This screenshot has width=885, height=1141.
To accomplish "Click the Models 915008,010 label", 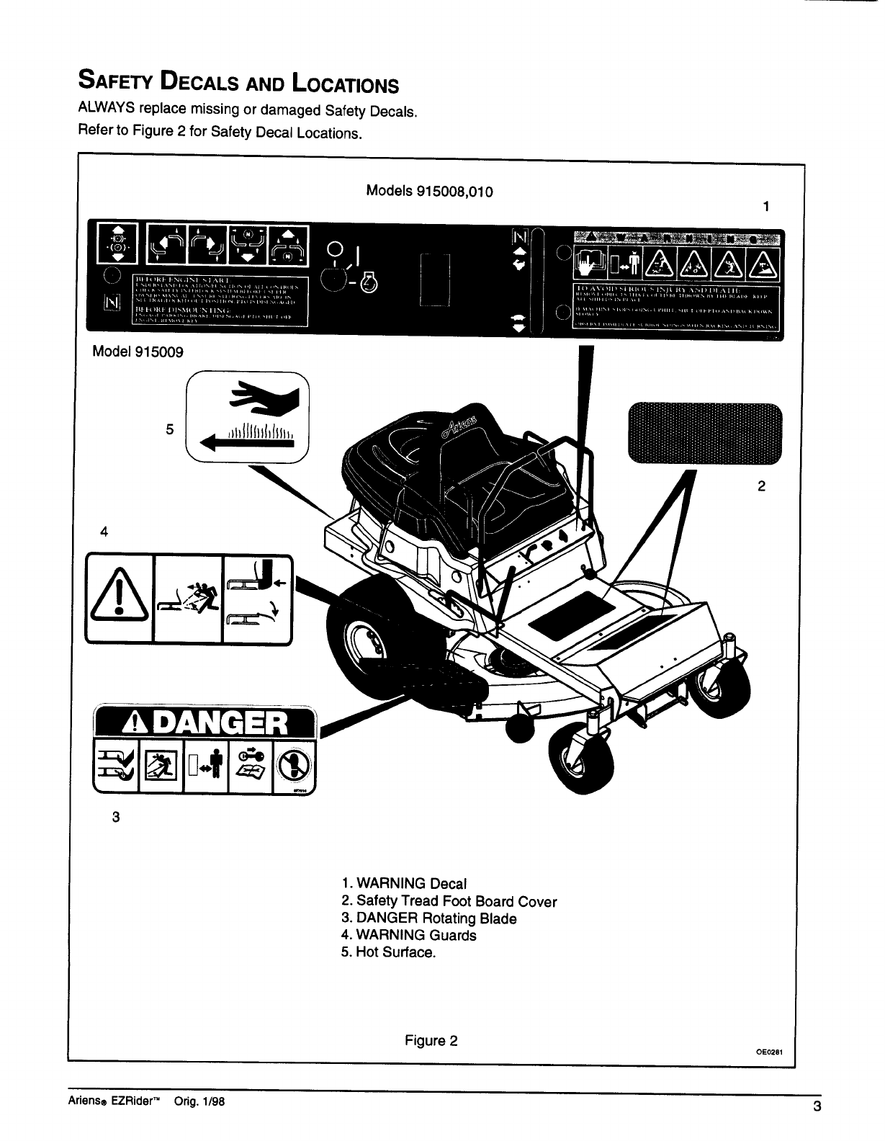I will (429, 191).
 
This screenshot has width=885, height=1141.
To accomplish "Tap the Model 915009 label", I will (138, 352).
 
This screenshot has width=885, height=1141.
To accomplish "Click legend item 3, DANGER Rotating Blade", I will (428, 918).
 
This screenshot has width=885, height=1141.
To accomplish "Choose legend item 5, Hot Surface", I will (389, 952).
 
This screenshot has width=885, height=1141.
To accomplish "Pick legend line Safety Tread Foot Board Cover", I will (449, 901).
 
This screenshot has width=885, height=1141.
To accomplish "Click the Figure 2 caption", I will (431, 1041).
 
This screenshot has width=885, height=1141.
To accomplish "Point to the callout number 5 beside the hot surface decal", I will (170, 429).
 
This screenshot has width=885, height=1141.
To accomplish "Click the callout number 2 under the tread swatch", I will (761, 486).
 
